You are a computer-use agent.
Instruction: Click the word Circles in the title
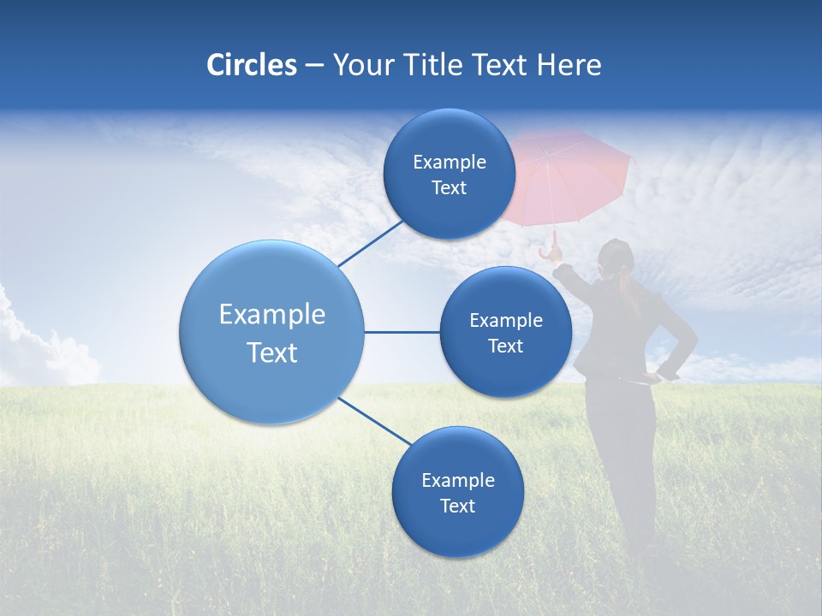pyautogui.click(x=252, y=65)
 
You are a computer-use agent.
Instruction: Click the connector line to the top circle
pyautogui.click(x=371, y=244)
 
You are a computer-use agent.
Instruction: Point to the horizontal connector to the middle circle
pyautogui.click(x=402, y=332)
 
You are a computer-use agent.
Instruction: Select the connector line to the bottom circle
pyautogui.click(x=374, y=422)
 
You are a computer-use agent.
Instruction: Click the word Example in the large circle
pyautogui.click(x=272, y=314)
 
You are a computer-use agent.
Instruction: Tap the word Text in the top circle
pyautogui.click(x=449, y=188)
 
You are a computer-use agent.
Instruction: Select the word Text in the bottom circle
pyautogui.click(x=457, y=506)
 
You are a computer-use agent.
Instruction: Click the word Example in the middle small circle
pyautogui.click(x=506, y=320)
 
